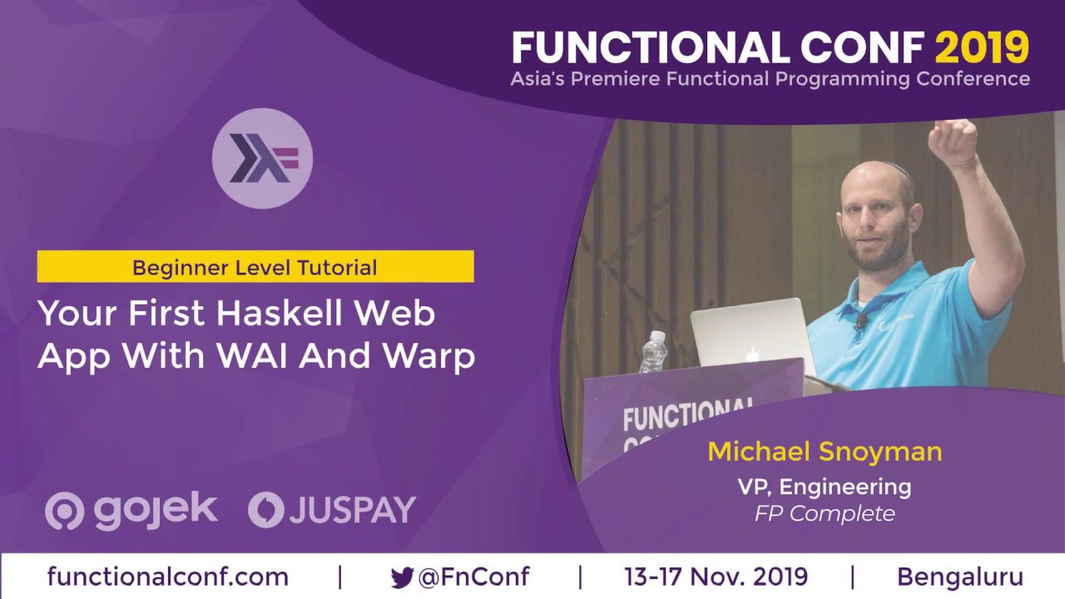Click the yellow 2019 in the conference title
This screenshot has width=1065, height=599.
click(982, 48)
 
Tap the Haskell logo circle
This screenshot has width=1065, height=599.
click(262, 158)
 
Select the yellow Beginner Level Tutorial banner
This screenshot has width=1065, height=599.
click(255, 268)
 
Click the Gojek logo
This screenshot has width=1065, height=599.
click(131, 509)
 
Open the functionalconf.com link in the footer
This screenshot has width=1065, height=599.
click(168, 577)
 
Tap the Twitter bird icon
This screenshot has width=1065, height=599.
click(403, 577)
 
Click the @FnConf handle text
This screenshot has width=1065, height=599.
click(473, 577)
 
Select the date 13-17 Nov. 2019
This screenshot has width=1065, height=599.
click(716, 577)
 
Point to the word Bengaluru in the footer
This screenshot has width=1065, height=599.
click(959, 577)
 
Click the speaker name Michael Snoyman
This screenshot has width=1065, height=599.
click(825, 452)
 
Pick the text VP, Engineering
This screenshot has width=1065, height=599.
click(825, 486)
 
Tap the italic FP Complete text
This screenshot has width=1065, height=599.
click(825, 513)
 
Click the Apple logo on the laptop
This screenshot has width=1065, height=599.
click(753, 354)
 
